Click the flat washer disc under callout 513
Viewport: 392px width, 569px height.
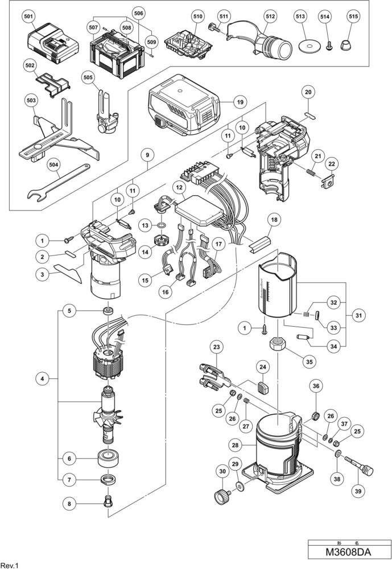pyautogui.click(x=311, y=46)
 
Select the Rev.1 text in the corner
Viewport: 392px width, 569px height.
pyautogui.click(x=10, y=564)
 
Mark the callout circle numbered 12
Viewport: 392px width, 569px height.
pyautogui.click(x=179, y=187)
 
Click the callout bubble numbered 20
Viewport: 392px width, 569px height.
pyautogui.click(x=307, y=92)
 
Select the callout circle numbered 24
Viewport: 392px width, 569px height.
pyautogui.click(x=262, y=366)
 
